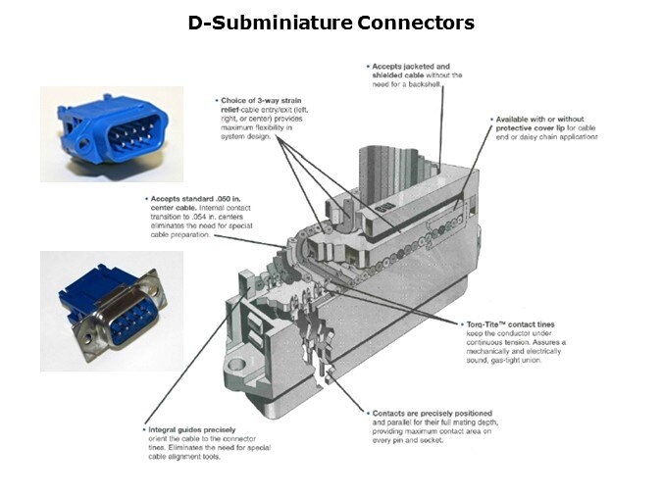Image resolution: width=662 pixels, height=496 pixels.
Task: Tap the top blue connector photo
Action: point(111,133)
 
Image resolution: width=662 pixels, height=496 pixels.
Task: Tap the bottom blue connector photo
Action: point(111,311)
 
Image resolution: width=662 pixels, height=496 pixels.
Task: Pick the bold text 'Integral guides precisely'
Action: point(192,429)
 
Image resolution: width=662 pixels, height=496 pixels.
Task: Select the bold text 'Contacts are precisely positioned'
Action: point(429,413)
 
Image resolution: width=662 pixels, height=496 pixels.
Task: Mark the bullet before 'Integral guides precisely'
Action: point(145,429)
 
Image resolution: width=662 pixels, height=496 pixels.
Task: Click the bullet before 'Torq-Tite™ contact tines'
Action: point(461,323)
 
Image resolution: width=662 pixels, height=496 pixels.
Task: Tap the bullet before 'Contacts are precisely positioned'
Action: point(366,413)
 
